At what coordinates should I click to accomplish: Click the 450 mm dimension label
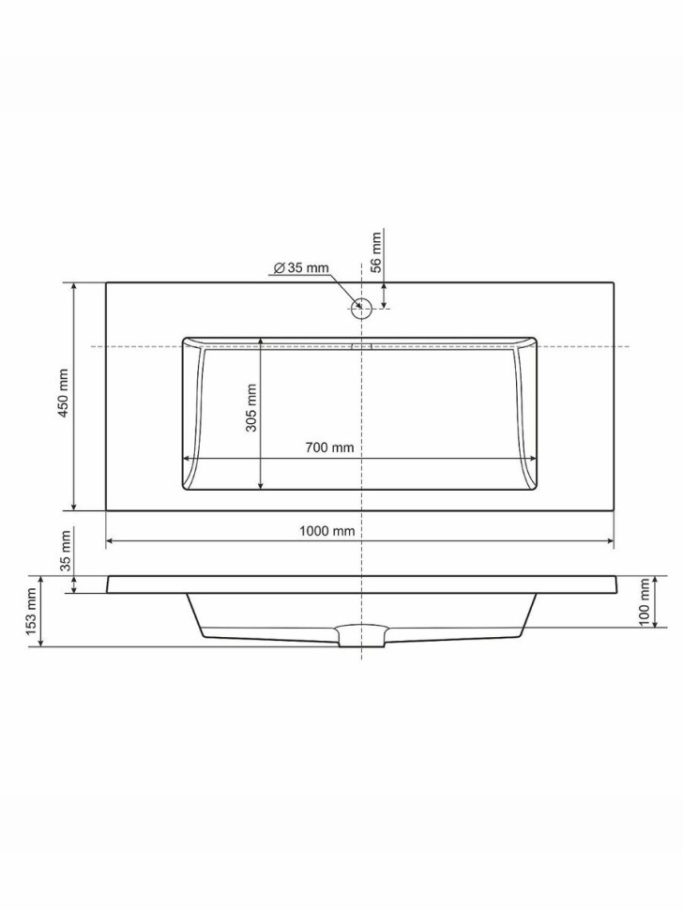(63, 392)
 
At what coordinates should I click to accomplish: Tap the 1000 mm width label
(326, 530)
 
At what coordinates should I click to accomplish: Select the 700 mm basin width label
(329, 447)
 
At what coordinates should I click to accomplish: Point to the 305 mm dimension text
(250, 407)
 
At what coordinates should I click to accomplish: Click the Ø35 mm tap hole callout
(300, 267)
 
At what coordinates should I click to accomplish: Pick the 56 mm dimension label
(376, 252)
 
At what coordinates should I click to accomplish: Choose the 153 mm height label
(32, 611)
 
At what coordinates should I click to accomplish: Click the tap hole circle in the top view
(361, 310)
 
